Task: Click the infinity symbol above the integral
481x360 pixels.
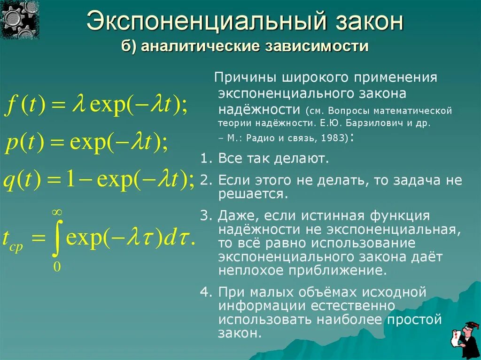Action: tap(57, 214)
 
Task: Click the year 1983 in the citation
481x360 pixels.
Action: tap(334, 138)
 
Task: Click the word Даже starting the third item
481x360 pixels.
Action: tap(238, 216)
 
